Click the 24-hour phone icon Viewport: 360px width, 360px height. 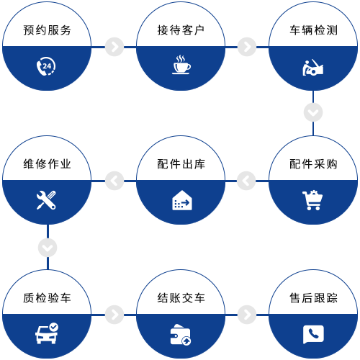[46, 66]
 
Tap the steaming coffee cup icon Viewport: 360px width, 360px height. [181, 65]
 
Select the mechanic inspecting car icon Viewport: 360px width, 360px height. [312, 68]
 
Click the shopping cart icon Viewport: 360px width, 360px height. [312, 200]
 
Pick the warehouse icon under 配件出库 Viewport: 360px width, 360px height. [182, 200]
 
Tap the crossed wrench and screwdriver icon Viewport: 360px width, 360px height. [46, 200]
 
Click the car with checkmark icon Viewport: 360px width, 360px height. [47, 333]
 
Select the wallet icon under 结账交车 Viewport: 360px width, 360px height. [181, 335]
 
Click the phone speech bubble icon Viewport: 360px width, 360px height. [313, 334]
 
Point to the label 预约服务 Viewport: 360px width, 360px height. [47, 30]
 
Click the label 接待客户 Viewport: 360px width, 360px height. [181, 30]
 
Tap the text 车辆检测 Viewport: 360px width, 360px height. [313, 30]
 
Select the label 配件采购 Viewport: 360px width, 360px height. [313, 164]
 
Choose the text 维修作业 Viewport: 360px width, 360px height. [47, 164]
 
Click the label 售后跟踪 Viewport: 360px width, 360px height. [313, 298]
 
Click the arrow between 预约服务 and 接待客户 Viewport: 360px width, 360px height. [114, 47]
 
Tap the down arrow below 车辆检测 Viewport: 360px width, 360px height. [313, 112]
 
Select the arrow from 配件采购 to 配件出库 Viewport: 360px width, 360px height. [246, 181]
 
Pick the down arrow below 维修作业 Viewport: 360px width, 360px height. [48, 248]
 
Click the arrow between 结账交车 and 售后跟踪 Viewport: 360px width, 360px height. [247, 315]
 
